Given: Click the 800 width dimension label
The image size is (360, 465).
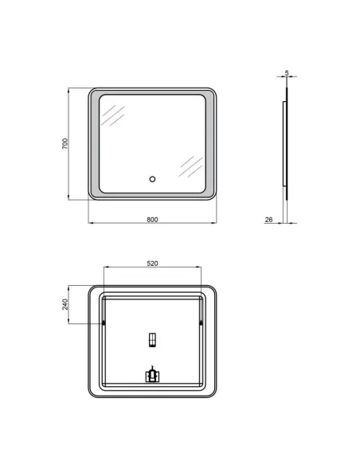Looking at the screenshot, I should (152, 218).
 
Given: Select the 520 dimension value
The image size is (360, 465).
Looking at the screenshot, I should (152, 262).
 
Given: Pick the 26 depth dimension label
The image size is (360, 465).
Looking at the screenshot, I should (269, 218).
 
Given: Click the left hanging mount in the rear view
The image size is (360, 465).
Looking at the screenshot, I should (104, 322).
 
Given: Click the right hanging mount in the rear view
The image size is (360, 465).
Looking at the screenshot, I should (201, 322).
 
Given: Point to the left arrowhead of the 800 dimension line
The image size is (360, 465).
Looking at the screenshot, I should (88, 223).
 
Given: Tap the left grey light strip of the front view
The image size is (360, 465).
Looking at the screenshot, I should (96, 143).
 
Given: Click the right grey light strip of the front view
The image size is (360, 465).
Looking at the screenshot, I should (210, 143).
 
